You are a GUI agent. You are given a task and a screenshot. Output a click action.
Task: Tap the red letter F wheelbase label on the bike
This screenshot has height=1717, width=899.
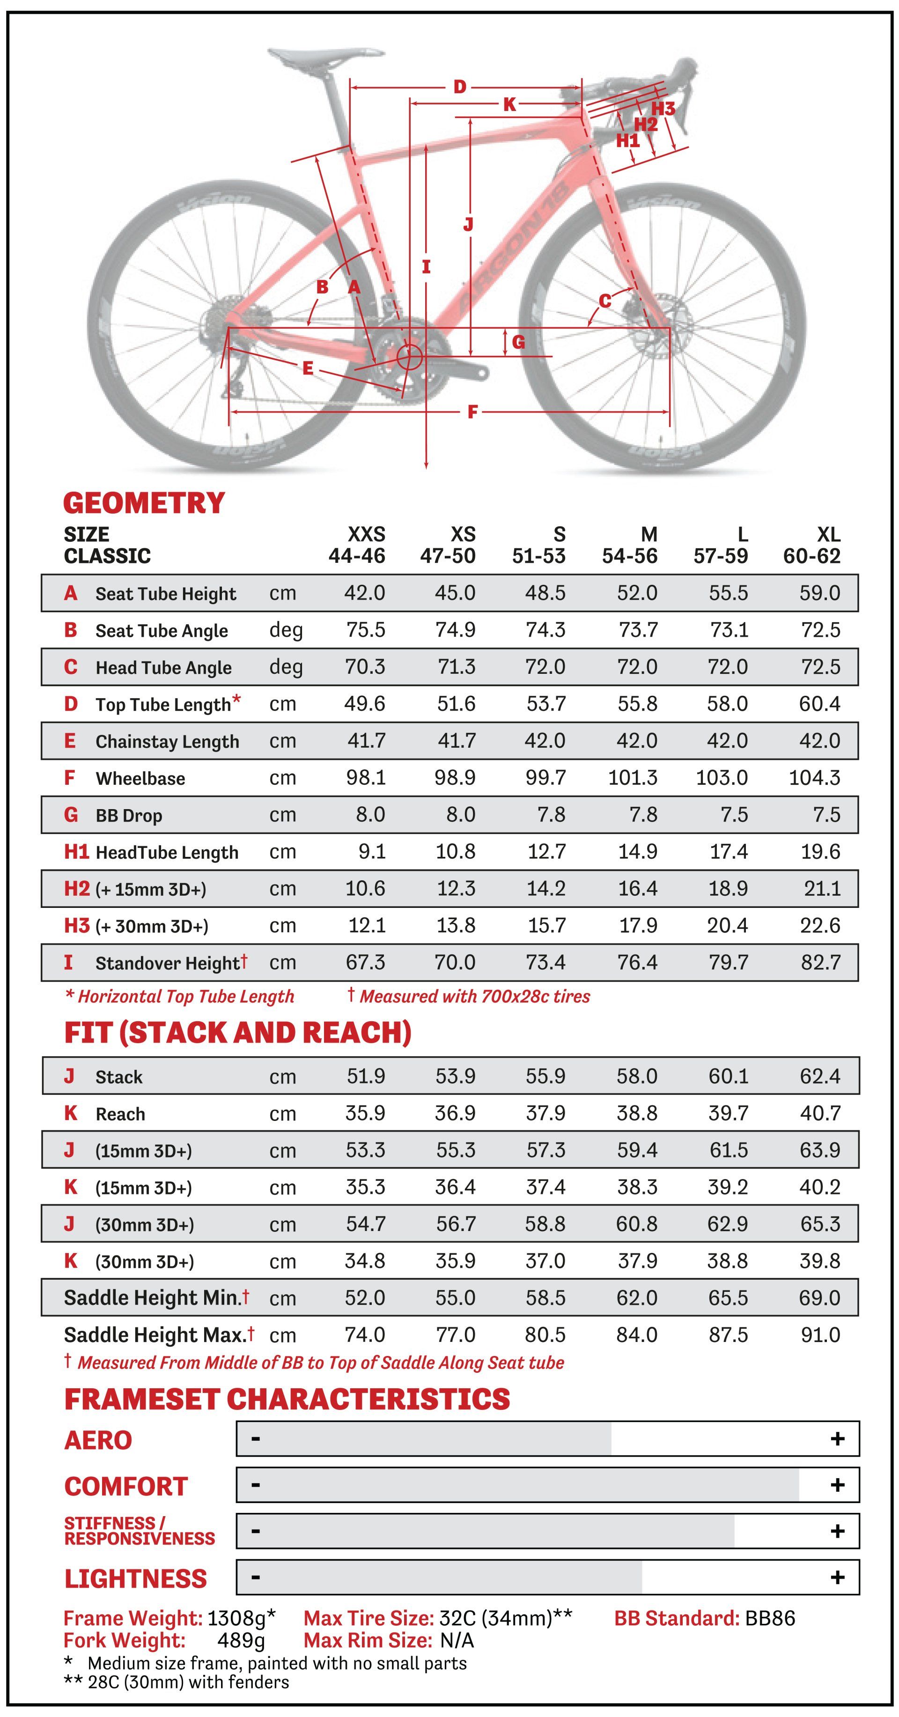[x=472, y=412]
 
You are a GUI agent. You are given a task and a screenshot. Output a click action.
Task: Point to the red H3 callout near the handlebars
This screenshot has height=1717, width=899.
[x=663, y=108]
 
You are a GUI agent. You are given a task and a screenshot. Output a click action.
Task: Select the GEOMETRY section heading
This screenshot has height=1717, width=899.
[x=144, y=503]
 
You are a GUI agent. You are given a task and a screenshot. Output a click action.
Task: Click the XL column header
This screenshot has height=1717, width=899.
[x=828, y=535]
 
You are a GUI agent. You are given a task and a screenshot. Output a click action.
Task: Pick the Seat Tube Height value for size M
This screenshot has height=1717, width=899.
[x=637, y=593]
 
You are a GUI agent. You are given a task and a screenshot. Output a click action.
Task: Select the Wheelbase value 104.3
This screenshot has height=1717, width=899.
[x=814, y=777]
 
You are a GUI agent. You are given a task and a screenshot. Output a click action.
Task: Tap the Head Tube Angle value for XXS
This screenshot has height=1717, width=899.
[x=365, y=667]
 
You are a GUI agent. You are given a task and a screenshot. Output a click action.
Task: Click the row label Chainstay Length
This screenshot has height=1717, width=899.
[x=167, y=741]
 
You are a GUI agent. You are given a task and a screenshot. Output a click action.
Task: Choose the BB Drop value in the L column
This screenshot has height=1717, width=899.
[x=734, y=815]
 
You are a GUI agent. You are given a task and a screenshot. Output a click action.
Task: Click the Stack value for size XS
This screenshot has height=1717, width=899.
[x=456, y=1076]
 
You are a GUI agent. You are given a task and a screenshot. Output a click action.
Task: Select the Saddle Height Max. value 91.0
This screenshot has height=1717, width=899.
[x=820, y=1334]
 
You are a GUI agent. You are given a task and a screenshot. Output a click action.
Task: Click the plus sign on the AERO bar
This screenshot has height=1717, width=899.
[x=838, y=1439]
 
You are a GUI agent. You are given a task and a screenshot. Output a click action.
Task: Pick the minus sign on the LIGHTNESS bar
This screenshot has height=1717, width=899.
[x=255, y=1577]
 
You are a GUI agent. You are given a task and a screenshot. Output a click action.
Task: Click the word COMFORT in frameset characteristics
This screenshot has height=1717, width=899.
[x=126, y=1486]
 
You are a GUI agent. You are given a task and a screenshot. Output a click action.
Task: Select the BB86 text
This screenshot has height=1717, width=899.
[x=770, y=1618]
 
